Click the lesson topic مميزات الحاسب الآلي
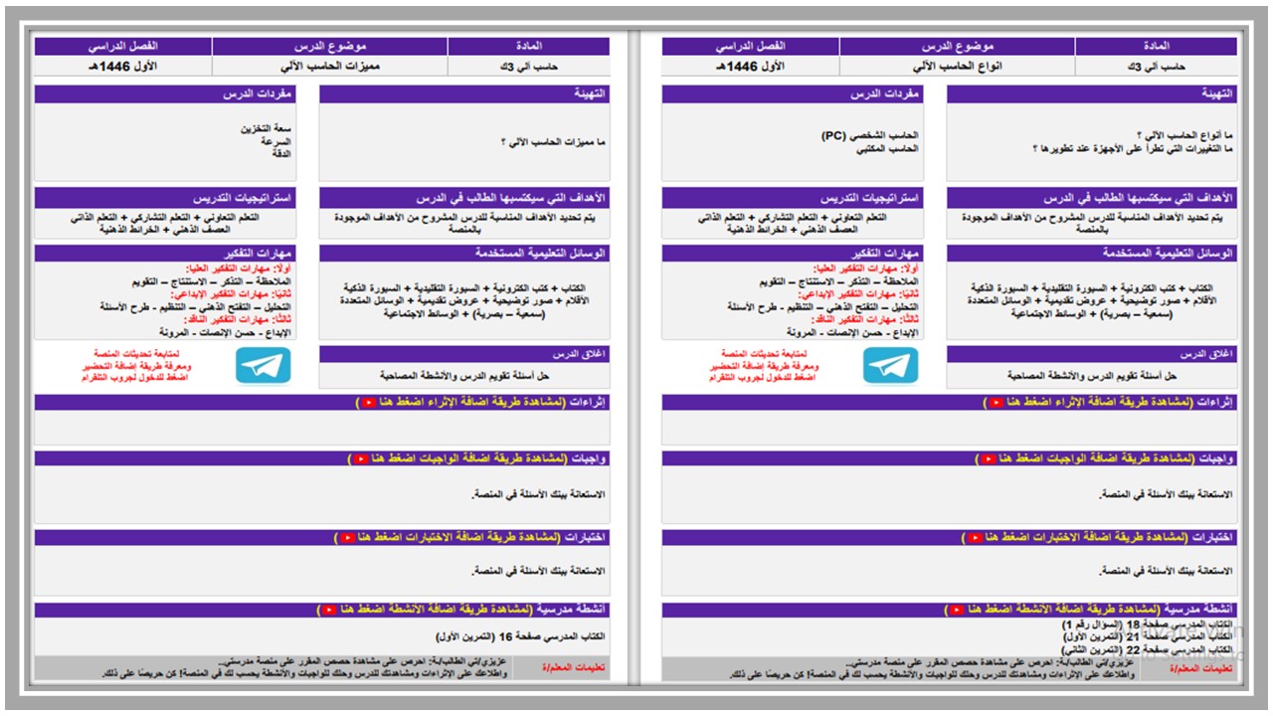pos(330,67)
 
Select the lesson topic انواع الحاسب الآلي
pos(957,67)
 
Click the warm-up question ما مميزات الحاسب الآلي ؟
pos(553,142)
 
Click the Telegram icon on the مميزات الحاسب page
pos(264,366)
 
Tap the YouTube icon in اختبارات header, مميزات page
pos(348,538)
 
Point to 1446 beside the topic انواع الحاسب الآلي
pos(742,67)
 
